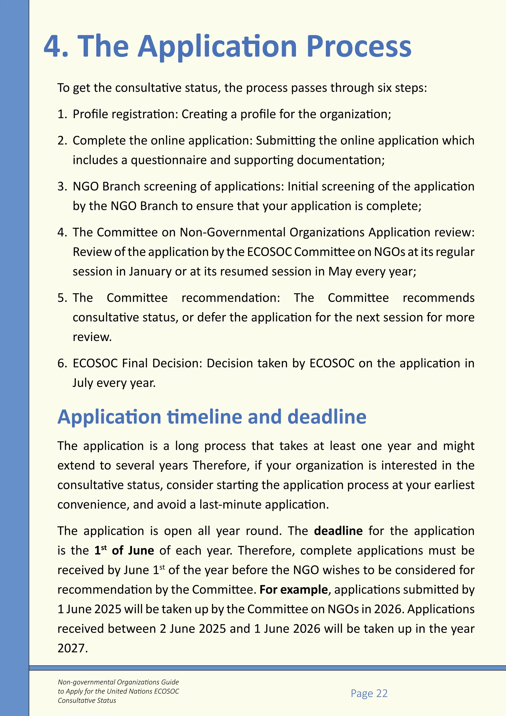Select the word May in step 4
pos(340,272)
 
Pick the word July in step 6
pos(83,383)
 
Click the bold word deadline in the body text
pos(338,531)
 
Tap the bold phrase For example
pos(293,590)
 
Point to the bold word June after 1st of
pos(141,550)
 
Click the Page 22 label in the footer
pos(369,693)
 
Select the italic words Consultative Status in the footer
pos(87,700)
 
